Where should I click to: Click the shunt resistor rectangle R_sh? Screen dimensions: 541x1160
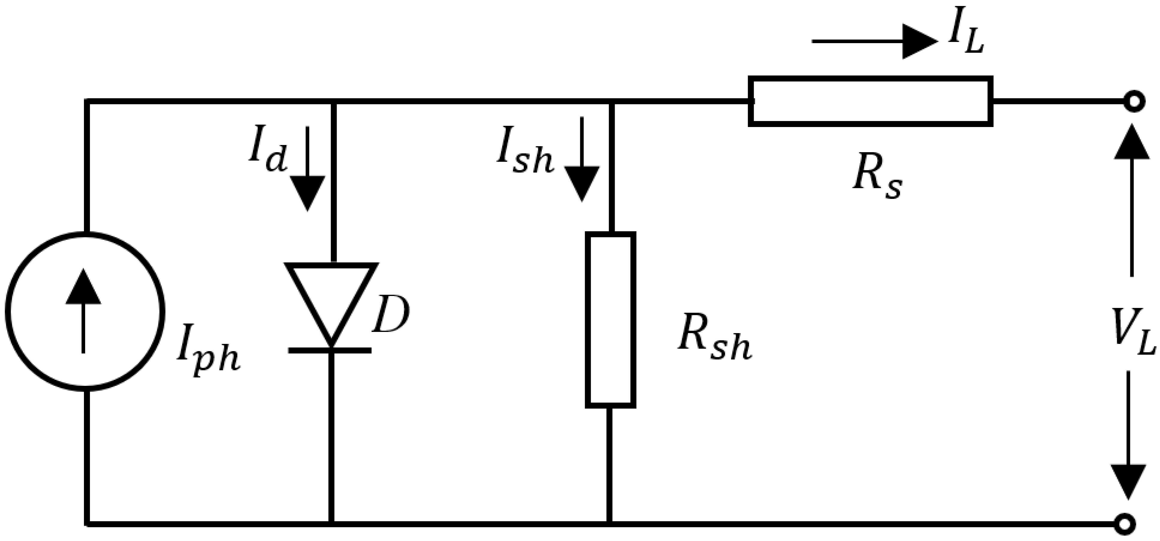[x=611, y=320]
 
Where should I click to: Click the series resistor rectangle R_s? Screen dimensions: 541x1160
[x=870, y=101]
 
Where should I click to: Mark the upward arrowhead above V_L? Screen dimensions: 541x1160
[x=1131, y=142]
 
